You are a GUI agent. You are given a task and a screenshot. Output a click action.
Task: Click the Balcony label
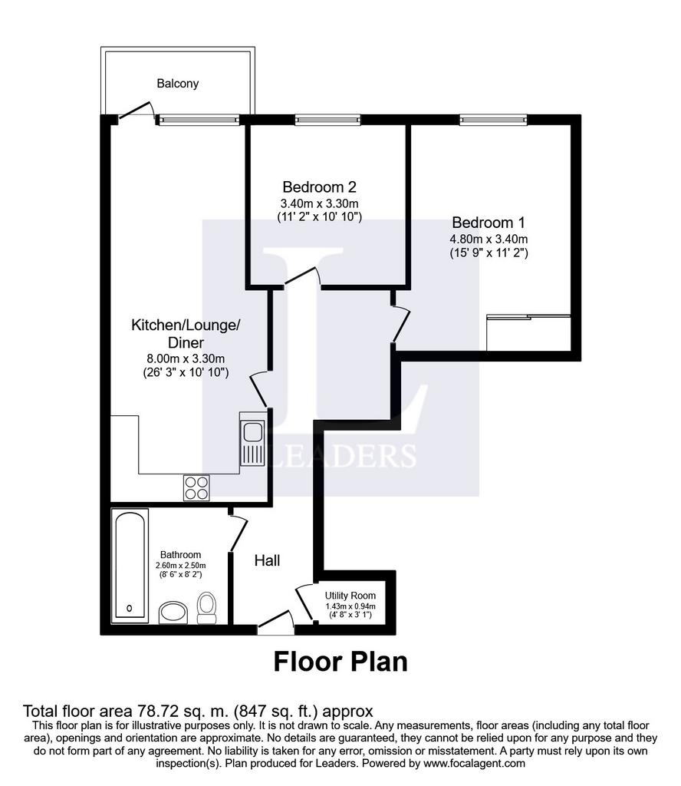coord(178,84)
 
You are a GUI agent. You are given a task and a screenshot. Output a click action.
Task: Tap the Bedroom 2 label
coord(320,187)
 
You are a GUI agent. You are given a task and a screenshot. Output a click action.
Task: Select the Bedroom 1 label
coord(489,223)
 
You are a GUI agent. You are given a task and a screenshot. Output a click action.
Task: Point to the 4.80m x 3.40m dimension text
coord(489,239)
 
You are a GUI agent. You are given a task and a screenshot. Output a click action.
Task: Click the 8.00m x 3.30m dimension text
coord(186,359)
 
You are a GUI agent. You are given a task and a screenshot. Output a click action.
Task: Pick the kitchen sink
coord(252,438)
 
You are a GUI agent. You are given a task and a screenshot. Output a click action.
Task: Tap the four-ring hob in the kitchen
coord(196,487)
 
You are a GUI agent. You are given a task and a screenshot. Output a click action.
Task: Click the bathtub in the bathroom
coord(130,566)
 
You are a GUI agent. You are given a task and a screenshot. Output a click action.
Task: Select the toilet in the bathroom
coord(206,608)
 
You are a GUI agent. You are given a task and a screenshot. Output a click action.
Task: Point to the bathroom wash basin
coord(173,613)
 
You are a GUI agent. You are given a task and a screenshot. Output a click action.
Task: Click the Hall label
coord(267,560)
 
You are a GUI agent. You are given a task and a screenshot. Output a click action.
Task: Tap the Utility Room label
coord(350,596)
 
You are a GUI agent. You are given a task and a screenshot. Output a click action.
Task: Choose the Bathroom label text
coord(180,555)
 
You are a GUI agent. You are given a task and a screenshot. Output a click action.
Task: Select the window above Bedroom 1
coord(493,119)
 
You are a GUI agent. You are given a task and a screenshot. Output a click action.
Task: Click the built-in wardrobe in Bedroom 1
coord(529,333)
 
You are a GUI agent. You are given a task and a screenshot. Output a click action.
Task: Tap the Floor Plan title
coord(340,662)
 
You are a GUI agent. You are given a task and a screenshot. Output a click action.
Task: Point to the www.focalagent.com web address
coord(474,764)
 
